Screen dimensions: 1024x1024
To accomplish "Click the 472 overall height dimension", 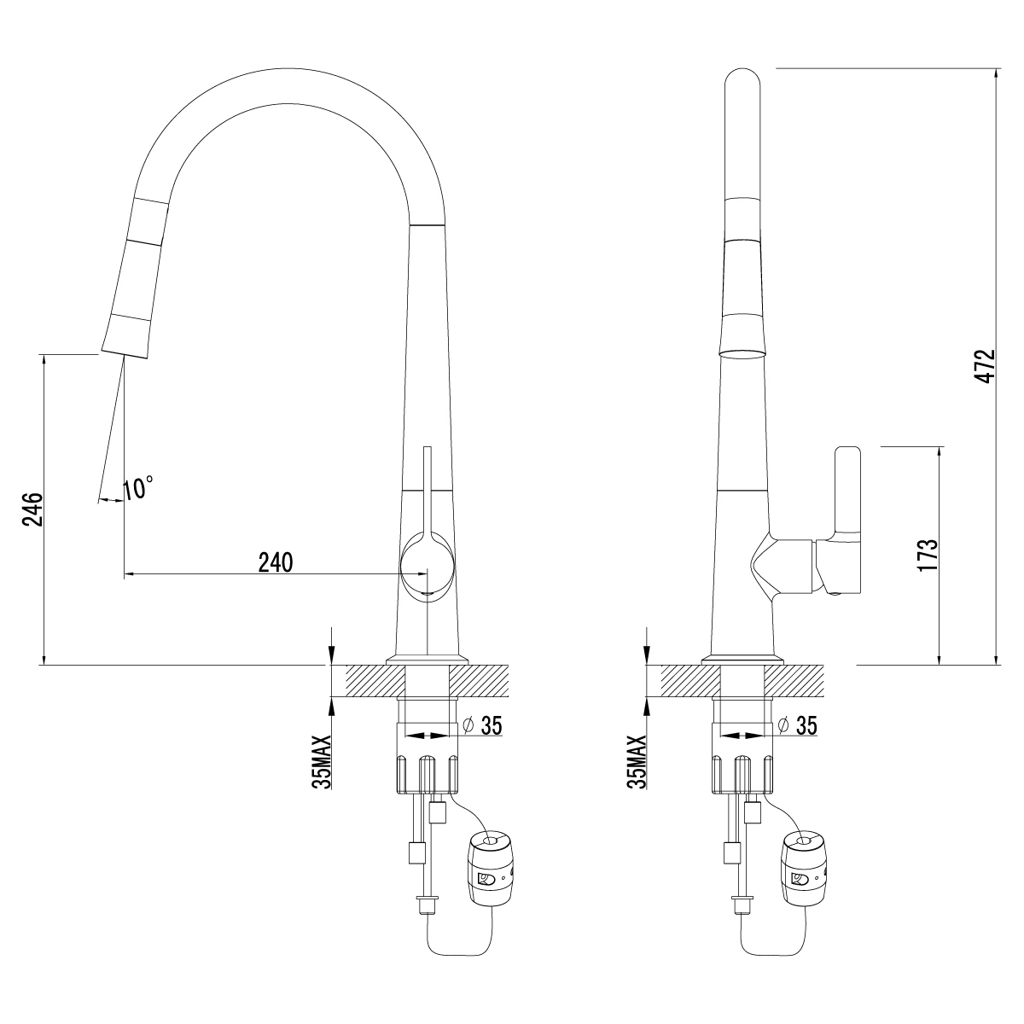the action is pos(986,366).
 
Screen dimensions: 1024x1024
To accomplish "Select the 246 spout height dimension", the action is pos(33,509).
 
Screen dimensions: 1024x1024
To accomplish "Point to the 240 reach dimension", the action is pos(276,562).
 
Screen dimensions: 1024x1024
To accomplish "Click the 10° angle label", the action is pos(138,487).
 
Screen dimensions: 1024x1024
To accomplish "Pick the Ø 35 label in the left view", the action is pos(482,725).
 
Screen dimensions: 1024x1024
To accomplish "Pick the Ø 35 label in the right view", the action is pos(797,725).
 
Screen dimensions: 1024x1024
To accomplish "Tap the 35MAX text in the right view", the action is pos(637,762).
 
